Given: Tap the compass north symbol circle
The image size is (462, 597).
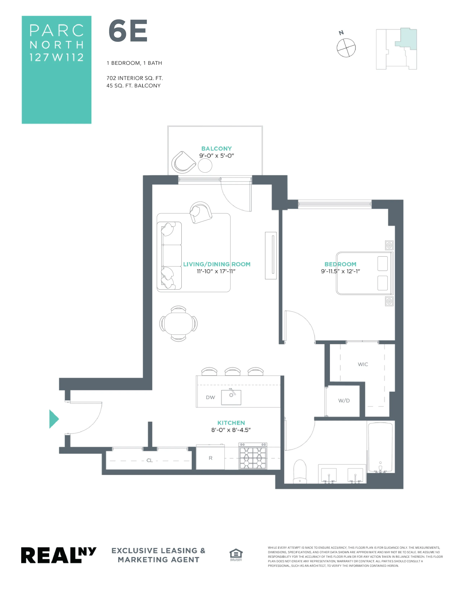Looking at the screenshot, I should [x=346, y=48].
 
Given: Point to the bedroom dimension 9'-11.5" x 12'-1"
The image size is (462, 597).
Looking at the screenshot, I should [x=340, y=271].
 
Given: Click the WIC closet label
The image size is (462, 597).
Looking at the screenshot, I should [x=363, y=364].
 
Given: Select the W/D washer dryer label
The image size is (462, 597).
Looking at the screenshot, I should [x=344, y=401].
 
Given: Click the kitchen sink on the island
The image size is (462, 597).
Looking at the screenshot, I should [x=231, y=397].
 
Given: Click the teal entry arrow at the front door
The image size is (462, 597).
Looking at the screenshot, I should [x=54, y=419].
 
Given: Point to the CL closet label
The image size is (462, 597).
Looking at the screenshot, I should [x=149, y=460].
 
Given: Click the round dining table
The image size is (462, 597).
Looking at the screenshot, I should [x=178, y=323].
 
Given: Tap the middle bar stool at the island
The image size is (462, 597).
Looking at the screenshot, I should [x=232, y=371].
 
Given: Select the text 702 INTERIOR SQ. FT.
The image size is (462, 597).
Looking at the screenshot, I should [x=134, y=78].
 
